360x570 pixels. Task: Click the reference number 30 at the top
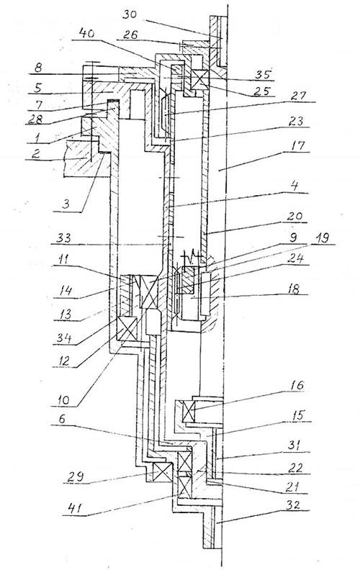click(x=130, y=15)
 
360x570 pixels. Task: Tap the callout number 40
click(x=86, y=33)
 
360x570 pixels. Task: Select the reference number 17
click(x=298, y=145)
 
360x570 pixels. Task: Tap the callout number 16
click(x=297, y=385)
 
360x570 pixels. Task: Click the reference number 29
click(x=75, y=476)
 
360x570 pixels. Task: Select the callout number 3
click(x=65, y=204)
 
